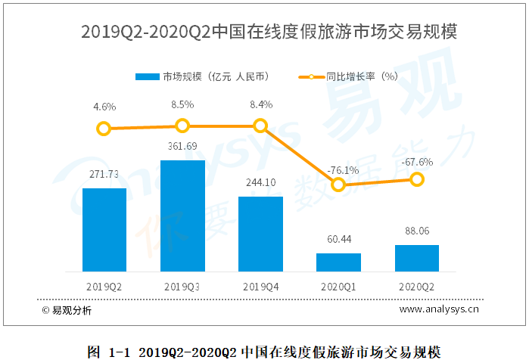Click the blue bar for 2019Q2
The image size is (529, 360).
pos(104,230)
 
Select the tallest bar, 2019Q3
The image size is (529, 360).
pos(182,216)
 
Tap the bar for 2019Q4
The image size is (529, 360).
pos(260,234)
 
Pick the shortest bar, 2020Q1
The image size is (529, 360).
pos(338,262)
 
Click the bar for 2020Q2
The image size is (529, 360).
pos(416,258)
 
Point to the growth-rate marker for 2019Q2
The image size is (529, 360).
pos(104,129)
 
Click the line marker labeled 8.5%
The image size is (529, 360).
pos(182,126)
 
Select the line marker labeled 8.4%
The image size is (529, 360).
pos(260,126)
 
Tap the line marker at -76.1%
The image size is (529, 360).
pos(338,184)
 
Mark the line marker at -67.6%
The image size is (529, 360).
pos(416,179)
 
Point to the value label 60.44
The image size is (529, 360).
pos(338,240)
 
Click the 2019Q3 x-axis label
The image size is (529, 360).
pos(182,287)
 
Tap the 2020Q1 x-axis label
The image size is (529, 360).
pos(338,287)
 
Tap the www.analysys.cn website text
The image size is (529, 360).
pos(439,309)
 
